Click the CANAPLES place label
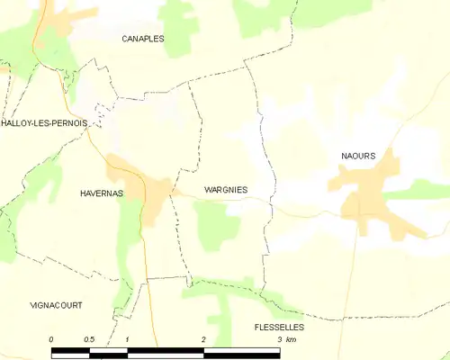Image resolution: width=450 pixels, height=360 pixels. (x=144, y=39)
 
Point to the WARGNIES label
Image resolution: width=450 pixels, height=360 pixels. (x=226, y=189)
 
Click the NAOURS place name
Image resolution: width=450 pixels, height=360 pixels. (x=358, y=156)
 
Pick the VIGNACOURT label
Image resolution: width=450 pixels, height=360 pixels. (x=56, y=306)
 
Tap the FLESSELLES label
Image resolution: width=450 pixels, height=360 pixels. (x=279, y=327)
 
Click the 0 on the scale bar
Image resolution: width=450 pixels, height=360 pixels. (x=52, y=338)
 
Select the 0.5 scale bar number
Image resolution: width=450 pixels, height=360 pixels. (x=89, y=338)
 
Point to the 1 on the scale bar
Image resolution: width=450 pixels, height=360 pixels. (x=128, y=338)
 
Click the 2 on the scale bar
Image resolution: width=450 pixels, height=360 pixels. (x=204, y=338)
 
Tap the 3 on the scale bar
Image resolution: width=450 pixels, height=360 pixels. (x=280, y=338)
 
